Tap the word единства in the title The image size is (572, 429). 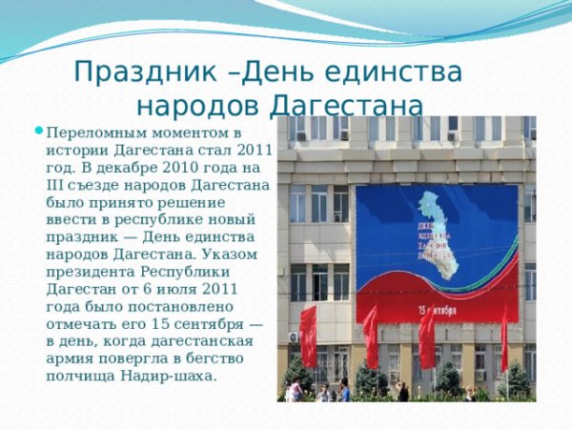[x=390, y=71]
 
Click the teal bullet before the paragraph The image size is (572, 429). [x=39, y=131]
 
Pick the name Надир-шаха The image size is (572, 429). [x=168, y=376]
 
